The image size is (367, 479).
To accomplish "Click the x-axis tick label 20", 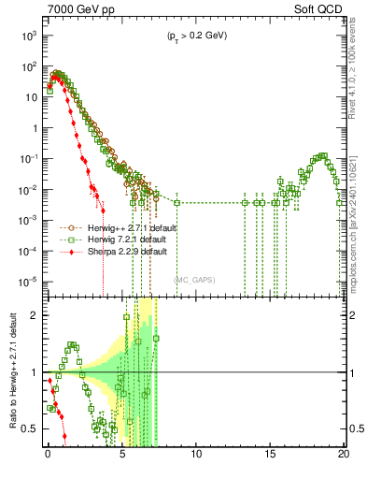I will [x=345, y=457].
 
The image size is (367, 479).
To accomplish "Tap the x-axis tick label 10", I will [x=196, y=457].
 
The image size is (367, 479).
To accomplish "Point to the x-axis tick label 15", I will [x=271, y=457].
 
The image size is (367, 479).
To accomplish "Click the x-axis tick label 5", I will [x=122, y=457].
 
